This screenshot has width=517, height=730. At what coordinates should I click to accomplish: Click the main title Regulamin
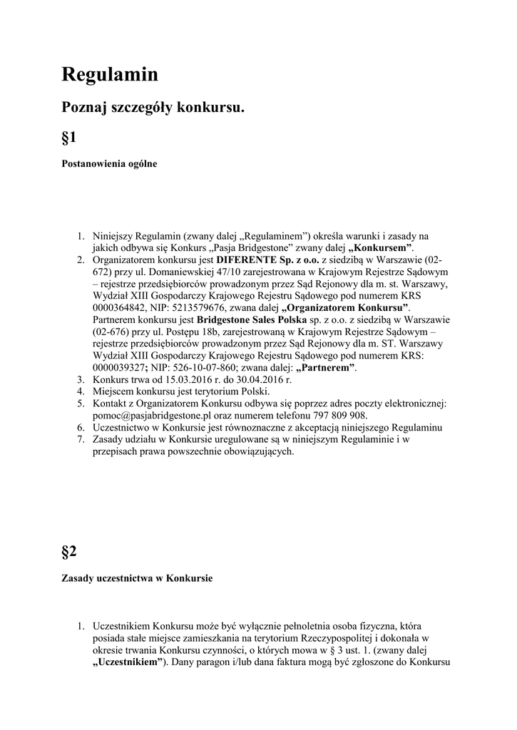(x=110, y=74)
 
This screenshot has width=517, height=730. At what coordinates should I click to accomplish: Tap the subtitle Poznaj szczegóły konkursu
(x=153, y=108)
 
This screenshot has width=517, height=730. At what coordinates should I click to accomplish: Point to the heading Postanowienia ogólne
(x=109, y=163)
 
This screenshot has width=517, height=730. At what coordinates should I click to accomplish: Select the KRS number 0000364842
(x=118, y=308)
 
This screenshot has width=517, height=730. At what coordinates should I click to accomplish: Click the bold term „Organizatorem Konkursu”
(x=347, y=308)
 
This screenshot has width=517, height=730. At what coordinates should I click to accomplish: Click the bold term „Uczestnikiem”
(x=128, y=662)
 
